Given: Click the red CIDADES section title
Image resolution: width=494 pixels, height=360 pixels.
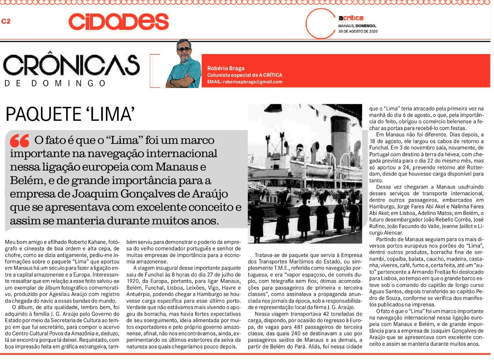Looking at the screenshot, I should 118,22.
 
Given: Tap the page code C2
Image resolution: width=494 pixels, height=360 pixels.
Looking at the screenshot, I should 6,22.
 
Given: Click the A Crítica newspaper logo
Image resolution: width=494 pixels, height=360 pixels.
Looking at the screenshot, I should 350,18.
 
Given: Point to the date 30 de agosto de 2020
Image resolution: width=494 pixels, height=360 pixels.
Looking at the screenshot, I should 358,31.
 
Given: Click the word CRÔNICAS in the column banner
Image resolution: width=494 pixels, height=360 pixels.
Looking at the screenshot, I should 71,66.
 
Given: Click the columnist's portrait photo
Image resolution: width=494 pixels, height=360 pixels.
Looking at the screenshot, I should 184,64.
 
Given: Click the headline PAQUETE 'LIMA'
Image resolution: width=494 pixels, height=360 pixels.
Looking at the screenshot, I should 70,115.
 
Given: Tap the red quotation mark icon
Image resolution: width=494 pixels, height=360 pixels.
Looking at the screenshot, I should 20,141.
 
